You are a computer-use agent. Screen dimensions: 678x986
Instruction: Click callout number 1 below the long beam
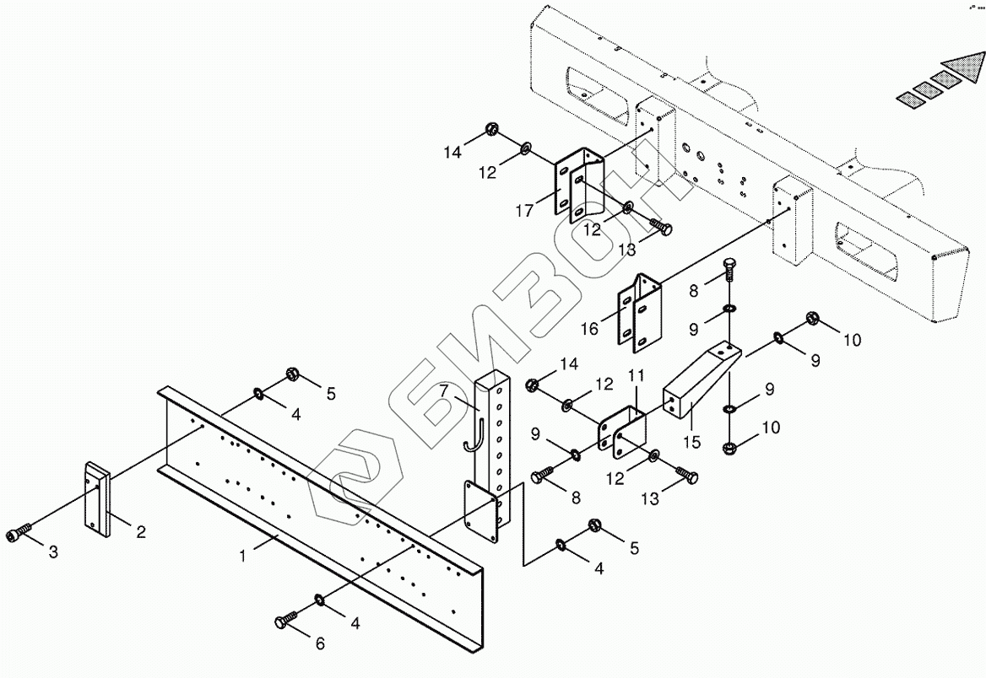243,557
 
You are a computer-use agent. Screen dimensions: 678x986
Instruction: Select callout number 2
141,532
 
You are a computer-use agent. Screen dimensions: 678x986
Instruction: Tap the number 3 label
53,552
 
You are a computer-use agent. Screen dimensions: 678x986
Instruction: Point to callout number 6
319,644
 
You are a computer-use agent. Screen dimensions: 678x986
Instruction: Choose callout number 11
635,374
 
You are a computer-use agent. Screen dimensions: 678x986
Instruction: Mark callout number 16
588,328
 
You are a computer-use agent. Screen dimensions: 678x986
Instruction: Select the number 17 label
524,210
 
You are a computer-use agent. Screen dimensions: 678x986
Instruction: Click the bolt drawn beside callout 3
21,533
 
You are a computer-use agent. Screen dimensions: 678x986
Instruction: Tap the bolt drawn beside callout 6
284,621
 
